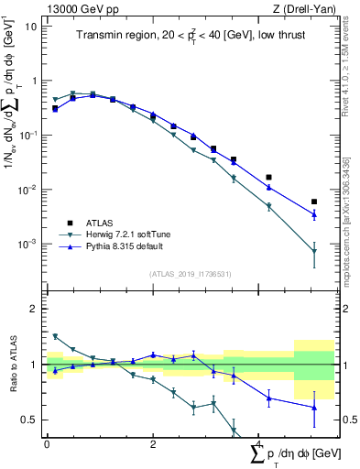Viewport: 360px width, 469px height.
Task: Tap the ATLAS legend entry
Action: tap(97, 223)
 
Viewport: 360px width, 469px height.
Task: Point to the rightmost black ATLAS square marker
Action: tap(314, 202)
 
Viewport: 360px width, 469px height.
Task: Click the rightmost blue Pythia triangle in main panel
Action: tap(314, 214)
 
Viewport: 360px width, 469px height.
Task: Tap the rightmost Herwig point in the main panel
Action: tap(314, 251)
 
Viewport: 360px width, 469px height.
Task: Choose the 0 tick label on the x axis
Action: tap(47, 443)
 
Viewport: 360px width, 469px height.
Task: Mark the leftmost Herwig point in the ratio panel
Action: tap(55, 336)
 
